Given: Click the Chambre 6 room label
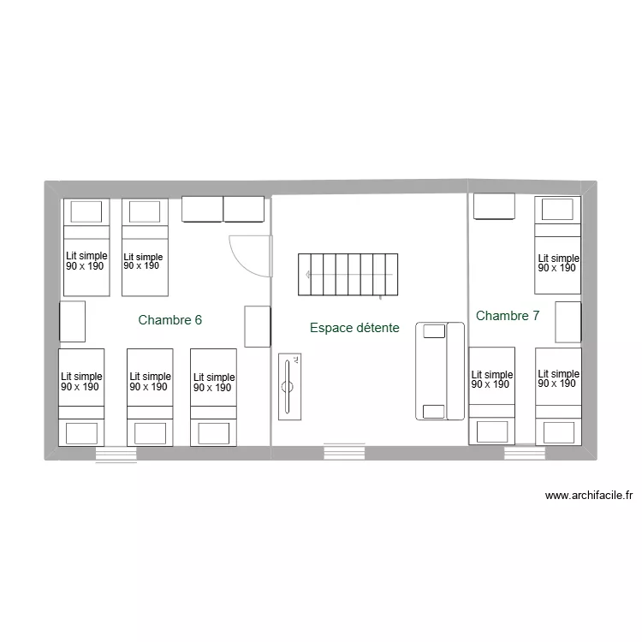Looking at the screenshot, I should point(169,320).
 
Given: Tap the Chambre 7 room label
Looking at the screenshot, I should point(508,316).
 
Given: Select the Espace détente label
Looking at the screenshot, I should point(354,328).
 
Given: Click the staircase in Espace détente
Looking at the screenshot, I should point(348,274).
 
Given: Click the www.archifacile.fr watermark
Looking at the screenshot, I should point(588,495).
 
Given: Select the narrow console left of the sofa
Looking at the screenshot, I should point(290,386).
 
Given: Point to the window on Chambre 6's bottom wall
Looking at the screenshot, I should point(116,455).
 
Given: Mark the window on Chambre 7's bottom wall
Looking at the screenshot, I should point(524,452).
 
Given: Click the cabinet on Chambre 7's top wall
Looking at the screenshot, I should point(494,207).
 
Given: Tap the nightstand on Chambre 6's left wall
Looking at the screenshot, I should point(72,322).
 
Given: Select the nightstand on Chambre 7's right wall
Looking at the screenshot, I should point(568,322).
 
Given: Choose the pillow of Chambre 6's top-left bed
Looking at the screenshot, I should point(86,211).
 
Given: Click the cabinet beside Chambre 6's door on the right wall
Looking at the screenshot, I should point(257,326).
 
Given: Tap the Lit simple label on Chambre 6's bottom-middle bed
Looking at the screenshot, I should point(150,382).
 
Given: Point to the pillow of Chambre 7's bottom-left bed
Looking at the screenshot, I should point(491,431).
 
